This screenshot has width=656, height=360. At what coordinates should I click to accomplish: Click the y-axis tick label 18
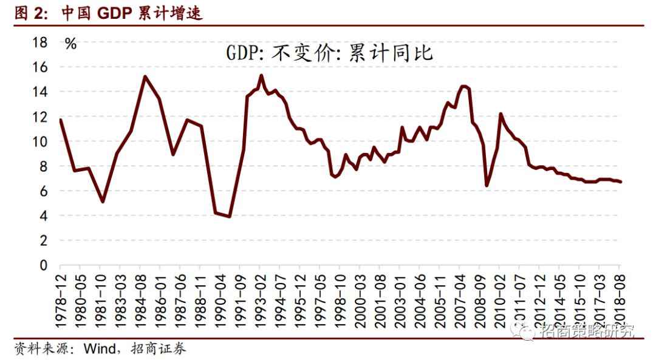pos(39,42)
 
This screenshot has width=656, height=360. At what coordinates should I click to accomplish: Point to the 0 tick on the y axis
pos(43,266)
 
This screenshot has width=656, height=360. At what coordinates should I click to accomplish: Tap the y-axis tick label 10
pos(39,141)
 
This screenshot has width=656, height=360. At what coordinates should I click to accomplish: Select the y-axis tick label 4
pos(43,216)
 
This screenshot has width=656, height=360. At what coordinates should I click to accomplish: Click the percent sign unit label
pos(71,44)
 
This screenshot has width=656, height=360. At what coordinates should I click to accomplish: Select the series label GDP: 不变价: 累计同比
pos(330,53)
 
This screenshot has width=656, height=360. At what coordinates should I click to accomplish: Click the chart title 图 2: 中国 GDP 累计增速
pos(108,13)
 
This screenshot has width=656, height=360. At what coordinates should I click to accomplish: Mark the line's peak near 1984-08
pos(145,76)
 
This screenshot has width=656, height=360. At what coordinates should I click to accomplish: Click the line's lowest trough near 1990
pos(229,216)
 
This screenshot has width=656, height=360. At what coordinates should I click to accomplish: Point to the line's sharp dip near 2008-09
pos(487,185)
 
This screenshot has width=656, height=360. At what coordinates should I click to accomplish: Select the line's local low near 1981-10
pos(103,202)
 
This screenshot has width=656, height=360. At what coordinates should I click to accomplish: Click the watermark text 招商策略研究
pos(587,331)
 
